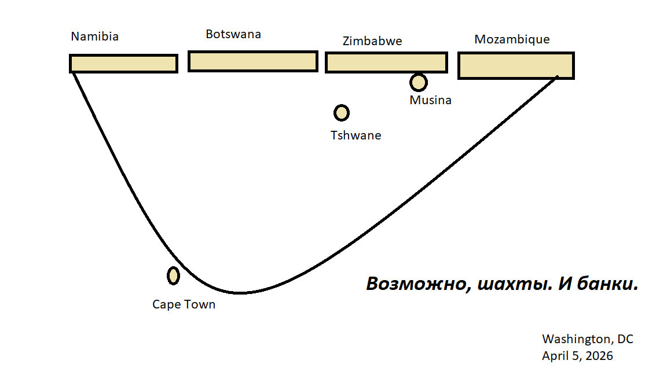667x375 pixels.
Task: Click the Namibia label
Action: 95,36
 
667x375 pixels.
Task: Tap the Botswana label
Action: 233,34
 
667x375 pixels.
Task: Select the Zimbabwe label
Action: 372,41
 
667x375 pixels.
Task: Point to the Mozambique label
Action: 512,39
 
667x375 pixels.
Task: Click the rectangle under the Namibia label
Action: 123,64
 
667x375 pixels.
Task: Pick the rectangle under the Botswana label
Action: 253,61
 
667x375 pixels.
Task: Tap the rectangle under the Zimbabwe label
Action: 386,62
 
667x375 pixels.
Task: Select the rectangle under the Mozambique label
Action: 516,65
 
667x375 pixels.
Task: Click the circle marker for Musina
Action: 419,82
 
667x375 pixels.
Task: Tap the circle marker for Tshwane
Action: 342,112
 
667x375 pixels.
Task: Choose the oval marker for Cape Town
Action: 173,276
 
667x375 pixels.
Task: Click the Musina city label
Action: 430,100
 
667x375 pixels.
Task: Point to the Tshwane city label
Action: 356,135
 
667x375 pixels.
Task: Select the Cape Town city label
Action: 184,304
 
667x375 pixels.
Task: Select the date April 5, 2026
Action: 577,356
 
